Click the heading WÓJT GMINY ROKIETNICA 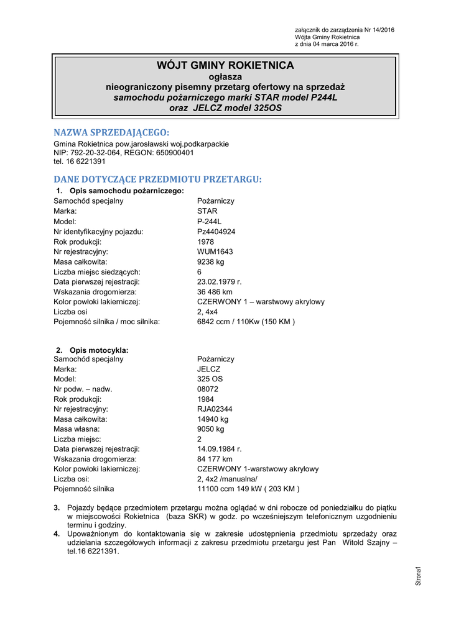point(225,66)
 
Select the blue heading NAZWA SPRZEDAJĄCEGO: point(111,132)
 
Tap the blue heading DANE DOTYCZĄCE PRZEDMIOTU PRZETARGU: point(158,179)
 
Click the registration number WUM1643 point(215,252)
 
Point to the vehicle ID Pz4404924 point(216,232)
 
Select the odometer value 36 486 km point(215,292)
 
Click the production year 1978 point(206,242)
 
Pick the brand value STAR point(207,211)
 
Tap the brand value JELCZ point(208,369)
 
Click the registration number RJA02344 point(215,409)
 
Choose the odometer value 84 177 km point(215,459)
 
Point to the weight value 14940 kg point(213,419)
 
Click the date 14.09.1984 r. point(219,449)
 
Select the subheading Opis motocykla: point(99,350)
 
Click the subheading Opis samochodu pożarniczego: point(126,191)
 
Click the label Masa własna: point(77,429)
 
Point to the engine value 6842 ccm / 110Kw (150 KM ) point(246,322)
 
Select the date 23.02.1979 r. point(219,282)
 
